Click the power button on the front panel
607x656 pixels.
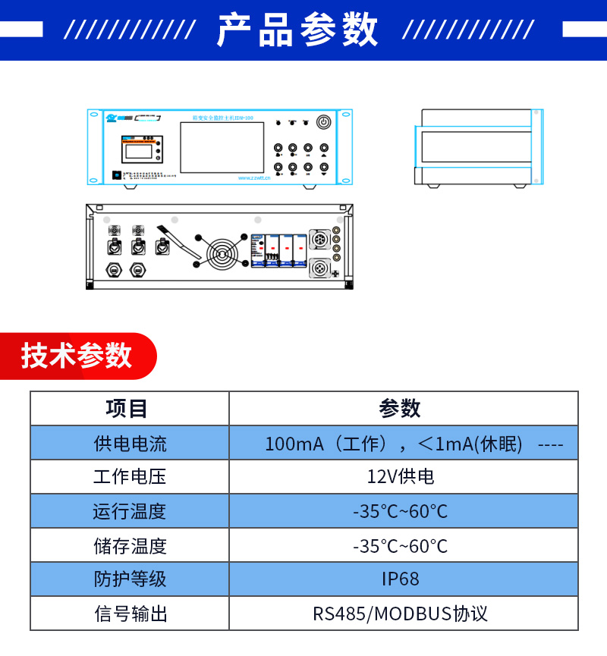(x=324, y=121)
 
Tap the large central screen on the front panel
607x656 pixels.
(x=211, y=146)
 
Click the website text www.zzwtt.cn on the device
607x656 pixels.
(x=253, y=179)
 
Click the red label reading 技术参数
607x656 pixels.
(x=77, y=356)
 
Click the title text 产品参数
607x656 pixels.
(x=297, y=30)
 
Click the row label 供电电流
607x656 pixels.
(x=130, y=444)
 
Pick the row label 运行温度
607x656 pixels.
(x=130, y=511)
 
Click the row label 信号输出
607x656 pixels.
(x=130, y=614)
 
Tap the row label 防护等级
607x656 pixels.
(x=130, y=579)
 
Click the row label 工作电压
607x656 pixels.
(x=130, y=477)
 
